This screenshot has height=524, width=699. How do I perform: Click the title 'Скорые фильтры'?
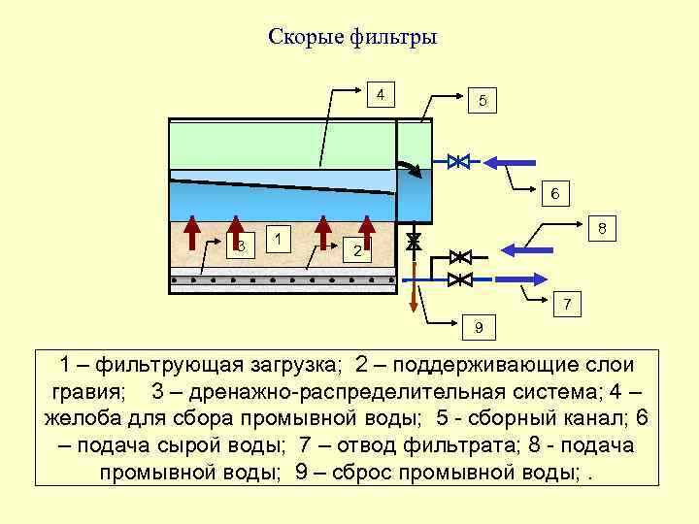coord(352,38)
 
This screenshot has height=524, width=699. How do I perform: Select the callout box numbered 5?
coord(483,100)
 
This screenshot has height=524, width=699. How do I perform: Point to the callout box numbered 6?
coord(553,193)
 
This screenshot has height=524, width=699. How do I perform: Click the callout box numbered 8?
coord(602,229)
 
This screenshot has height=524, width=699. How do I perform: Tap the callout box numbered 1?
coord(279,239)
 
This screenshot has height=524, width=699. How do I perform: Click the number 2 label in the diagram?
coord(357,251)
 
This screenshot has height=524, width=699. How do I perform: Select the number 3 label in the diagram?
coord(241,245)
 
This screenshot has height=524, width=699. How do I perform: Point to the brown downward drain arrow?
coord(414,291)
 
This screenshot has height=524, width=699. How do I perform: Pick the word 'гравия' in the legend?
coord(84,392)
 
